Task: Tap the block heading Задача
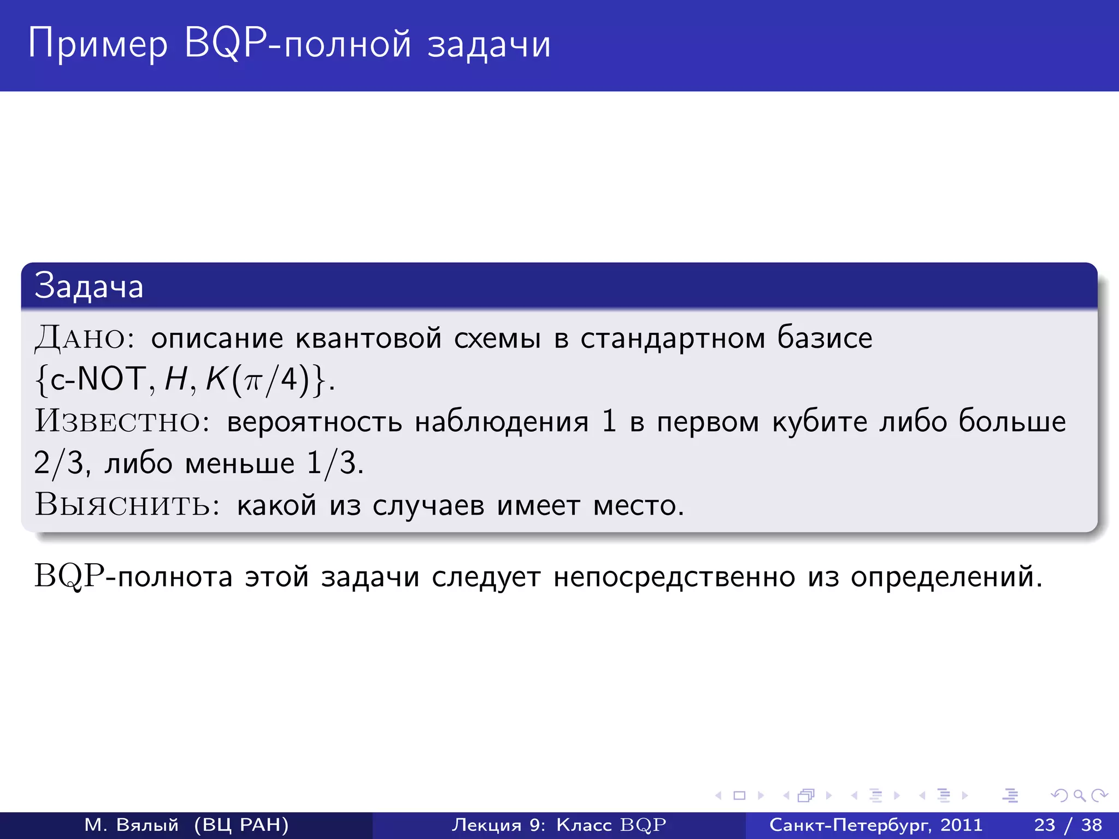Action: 89,286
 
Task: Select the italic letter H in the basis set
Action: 176,379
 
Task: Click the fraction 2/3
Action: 58,463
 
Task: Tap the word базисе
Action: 825,338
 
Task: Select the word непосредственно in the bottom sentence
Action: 674,577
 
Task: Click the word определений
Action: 946,577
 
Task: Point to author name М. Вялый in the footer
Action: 132,825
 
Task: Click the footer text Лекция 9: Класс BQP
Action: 559,825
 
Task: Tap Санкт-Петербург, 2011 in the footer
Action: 876,825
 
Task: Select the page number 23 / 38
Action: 1068,825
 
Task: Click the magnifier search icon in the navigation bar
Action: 1079,795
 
